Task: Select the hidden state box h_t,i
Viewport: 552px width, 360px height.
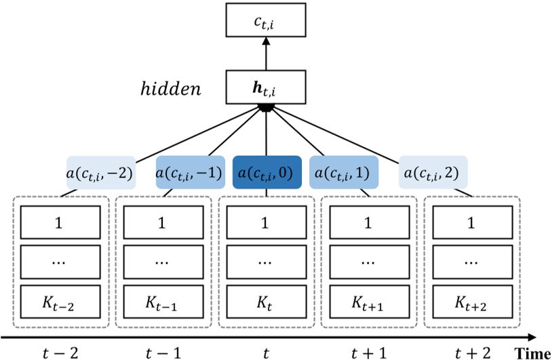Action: [x=265, y=88]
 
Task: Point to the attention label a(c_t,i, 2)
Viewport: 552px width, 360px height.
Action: [x=433, y=173]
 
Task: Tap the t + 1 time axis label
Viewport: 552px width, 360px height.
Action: [x=367, y=352]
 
